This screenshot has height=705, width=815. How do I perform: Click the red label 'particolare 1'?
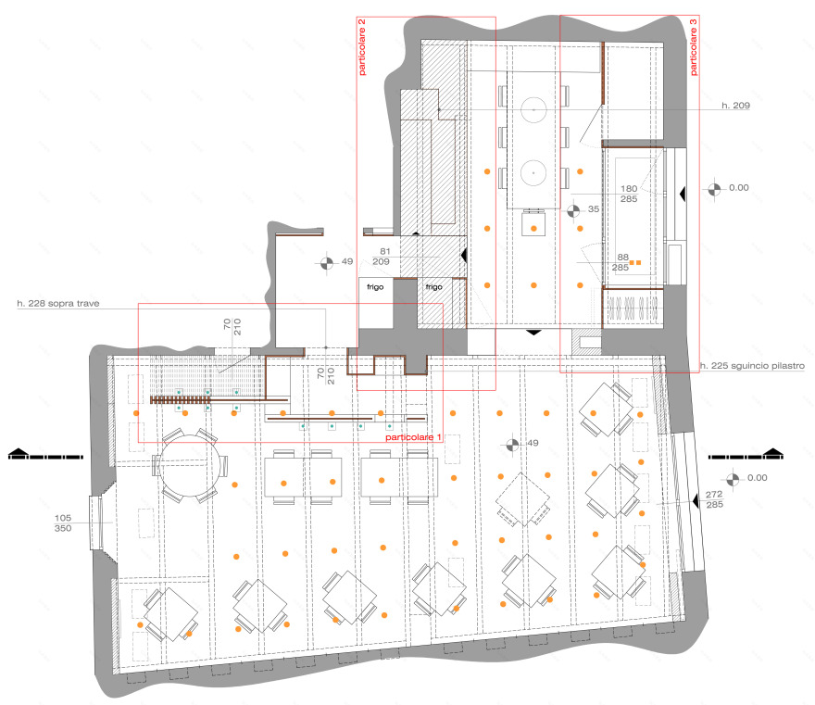[413, 437]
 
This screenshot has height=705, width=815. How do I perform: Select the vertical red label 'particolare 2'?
[362, 47]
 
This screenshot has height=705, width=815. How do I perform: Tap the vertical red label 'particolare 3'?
[694, 47]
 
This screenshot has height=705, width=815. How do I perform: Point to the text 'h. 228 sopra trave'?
[58, 304]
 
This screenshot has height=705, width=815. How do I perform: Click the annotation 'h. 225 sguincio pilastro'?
[752, 366]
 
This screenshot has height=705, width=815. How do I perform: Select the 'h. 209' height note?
[735, 106]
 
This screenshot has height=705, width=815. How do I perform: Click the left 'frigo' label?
[375, 287]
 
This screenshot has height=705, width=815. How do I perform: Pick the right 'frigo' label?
[434, 287]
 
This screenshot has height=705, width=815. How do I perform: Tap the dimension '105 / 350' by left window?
[63, 523]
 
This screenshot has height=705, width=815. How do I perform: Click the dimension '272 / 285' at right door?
[714, 499]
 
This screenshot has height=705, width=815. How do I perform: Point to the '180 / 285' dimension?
[629, 194]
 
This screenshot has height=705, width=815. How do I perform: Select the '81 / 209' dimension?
[382, 257]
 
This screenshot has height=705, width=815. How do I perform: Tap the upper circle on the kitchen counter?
[533, 109]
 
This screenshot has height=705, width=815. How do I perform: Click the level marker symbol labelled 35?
[573, 211]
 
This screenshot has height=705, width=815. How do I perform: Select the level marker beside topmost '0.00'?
[715, 190]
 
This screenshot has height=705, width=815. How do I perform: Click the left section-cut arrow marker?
[45, 454]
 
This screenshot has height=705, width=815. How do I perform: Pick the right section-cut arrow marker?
[746, 454]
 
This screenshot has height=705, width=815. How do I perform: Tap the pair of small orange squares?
[635, 262]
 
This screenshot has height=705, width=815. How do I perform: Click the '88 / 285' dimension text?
[621, 262]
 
